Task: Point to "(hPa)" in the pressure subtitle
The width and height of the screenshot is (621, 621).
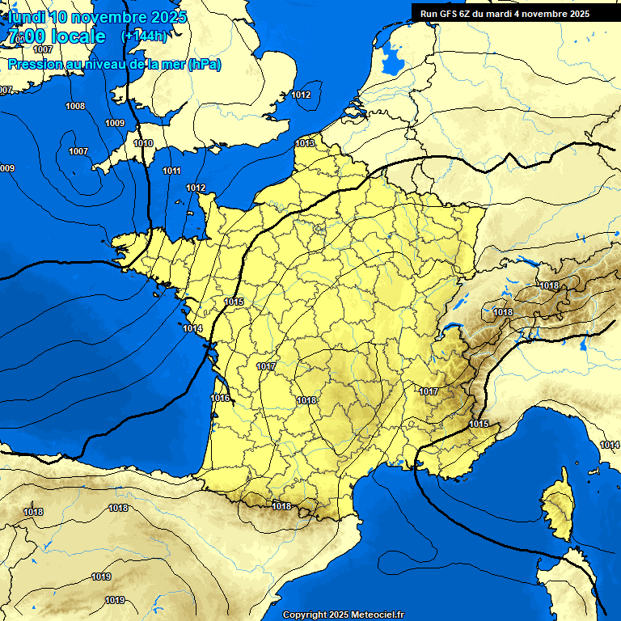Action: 204,65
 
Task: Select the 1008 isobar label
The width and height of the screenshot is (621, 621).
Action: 75,106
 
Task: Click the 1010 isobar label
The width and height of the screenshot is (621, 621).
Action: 143,143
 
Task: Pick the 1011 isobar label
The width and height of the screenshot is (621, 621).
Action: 171,171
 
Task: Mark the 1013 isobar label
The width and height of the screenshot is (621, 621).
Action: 305,143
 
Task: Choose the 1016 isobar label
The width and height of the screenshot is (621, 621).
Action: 220,398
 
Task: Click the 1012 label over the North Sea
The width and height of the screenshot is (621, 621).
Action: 301,95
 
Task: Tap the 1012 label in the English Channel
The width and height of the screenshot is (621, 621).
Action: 196,188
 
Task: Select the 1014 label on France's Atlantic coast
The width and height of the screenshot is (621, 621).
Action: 192,328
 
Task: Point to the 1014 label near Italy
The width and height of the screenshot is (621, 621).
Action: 609,445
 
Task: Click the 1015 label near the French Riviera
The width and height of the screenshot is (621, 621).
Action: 478,424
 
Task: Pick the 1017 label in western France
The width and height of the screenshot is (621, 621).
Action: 266,366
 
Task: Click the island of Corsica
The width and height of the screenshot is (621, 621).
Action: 556,508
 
